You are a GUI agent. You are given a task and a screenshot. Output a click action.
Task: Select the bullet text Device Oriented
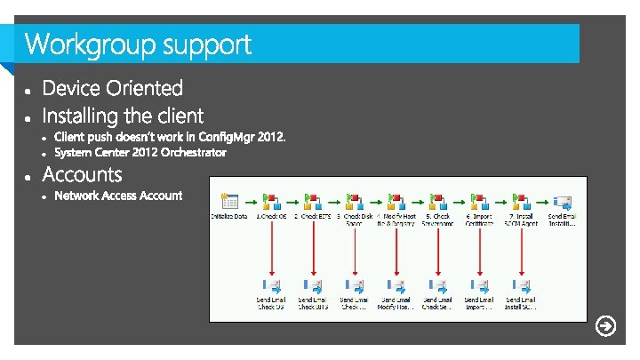coord(112,88)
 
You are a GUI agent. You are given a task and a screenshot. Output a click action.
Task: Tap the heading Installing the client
coord(123,116)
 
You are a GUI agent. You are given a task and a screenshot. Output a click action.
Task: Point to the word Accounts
coord(82,174)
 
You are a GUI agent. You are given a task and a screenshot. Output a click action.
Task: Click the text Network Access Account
coord(118,196)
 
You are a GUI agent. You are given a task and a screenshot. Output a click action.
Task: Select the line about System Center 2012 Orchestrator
coord(140,153)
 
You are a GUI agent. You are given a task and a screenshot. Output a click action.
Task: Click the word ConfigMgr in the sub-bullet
coord(227,137)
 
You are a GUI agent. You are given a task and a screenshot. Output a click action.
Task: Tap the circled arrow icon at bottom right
coord(605,326)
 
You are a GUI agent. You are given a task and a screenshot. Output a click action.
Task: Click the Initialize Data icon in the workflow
coord(229,200)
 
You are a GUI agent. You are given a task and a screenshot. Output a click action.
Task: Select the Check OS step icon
coord(271,200)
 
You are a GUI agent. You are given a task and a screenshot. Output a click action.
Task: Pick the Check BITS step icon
coord(313,200)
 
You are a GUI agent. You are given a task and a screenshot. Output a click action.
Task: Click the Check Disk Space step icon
coord(355,200)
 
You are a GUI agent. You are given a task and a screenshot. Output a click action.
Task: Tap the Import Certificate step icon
coord(479,200)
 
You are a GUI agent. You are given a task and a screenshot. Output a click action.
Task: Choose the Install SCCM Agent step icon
coord(521,200)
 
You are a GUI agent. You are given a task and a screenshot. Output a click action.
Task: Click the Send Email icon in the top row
coord(562,200)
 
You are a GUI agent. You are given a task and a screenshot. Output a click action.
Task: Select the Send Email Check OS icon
coord(271,286)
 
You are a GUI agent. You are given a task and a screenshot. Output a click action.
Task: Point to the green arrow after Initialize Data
coord(250,200)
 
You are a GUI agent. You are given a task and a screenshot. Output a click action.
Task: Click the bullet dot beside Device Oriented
coord(29,91)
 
